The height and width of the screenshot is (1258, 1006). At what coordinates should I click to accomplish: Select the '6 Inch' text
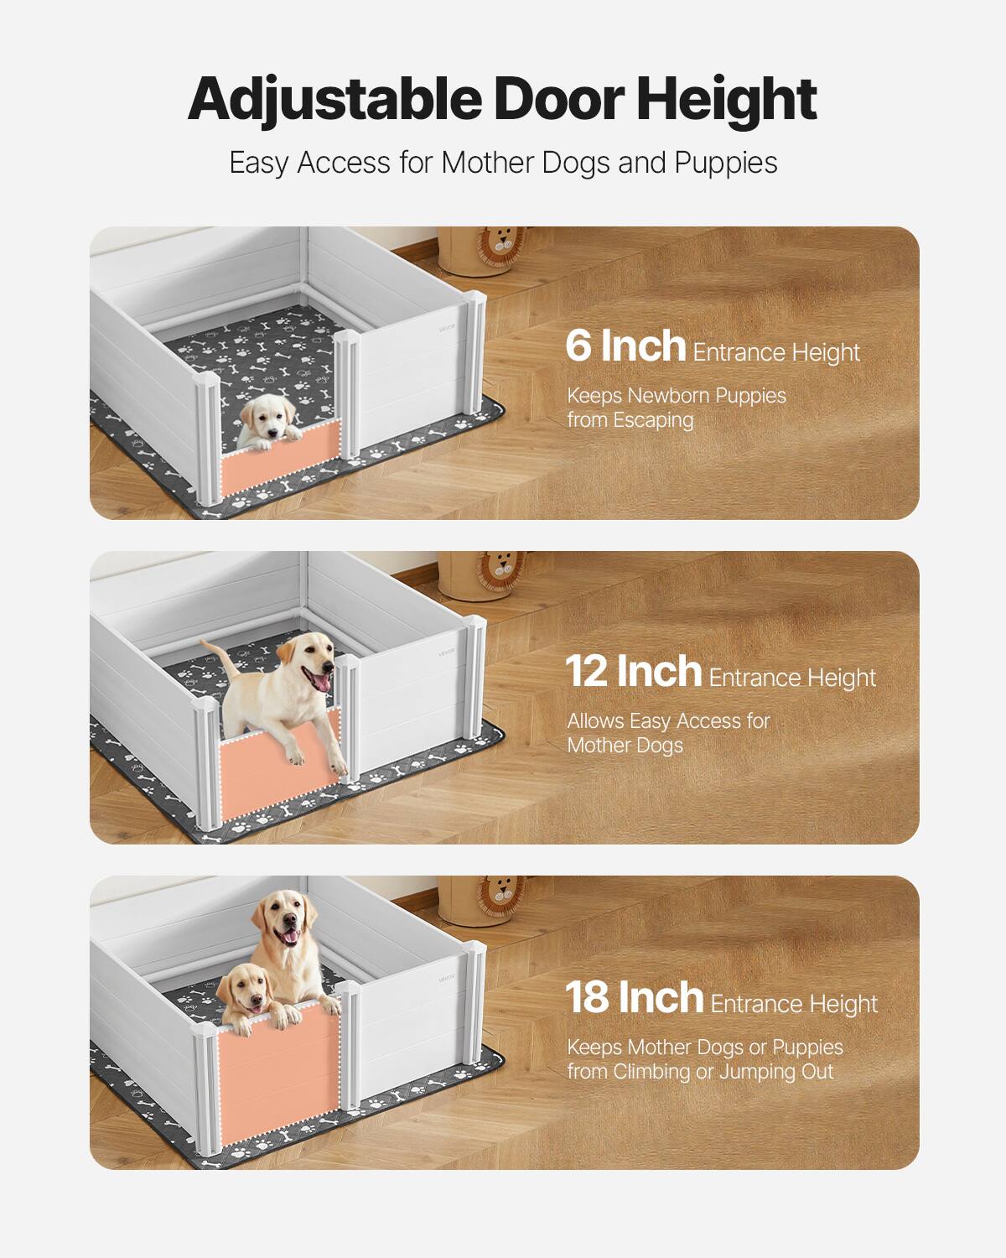click(x=625, y=346)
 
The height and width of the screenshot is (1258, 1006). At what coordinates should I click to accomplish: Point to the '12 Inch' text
click(x=633, y=672)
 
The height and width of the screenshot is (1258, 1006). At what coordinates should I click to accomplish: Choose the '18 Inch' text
click(x=634, y=998)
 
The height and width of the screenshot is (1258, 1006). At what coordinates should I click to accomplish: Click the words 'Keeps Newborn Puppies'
click(x=677, y=395)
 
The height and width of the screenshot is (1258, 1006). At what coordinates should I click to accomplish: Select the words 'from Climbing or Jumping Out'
click(x=700, y=1071)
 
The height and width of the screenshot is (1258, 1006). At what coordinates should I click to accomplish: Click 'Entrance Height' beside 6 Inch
click(x=776, y=352)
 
